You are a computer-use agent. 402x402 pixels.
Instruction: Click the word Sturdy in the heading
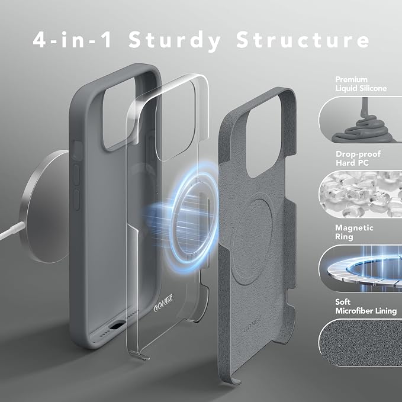(x=174, y=41)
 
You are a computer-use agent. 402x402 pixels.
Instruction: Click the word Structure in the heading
(x=303, y=40)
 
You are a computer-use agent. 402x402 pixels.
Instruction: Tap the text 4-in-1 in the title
(x=72, y=40)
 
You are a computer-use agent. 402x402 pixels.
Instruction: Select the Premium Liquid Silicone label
(x=361, y=84)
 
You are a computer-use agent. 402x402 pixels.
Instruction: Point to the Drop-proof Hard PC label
(x=358, y=159)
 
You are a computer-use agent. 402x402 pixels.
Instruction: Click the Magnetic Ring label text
(x=354, y=232)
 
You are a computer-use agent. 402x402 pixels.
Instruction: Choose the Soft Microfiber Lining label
(x=366, y=306)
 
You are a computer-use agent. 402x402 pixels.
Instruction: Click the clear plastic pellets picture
(x=361, y=194)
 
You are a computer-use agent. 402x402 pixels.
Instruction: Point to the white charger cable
(x=12, y=231)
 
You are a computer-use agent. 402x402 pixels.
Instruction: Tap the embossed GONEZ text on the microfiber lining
(x=253, y=324)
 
